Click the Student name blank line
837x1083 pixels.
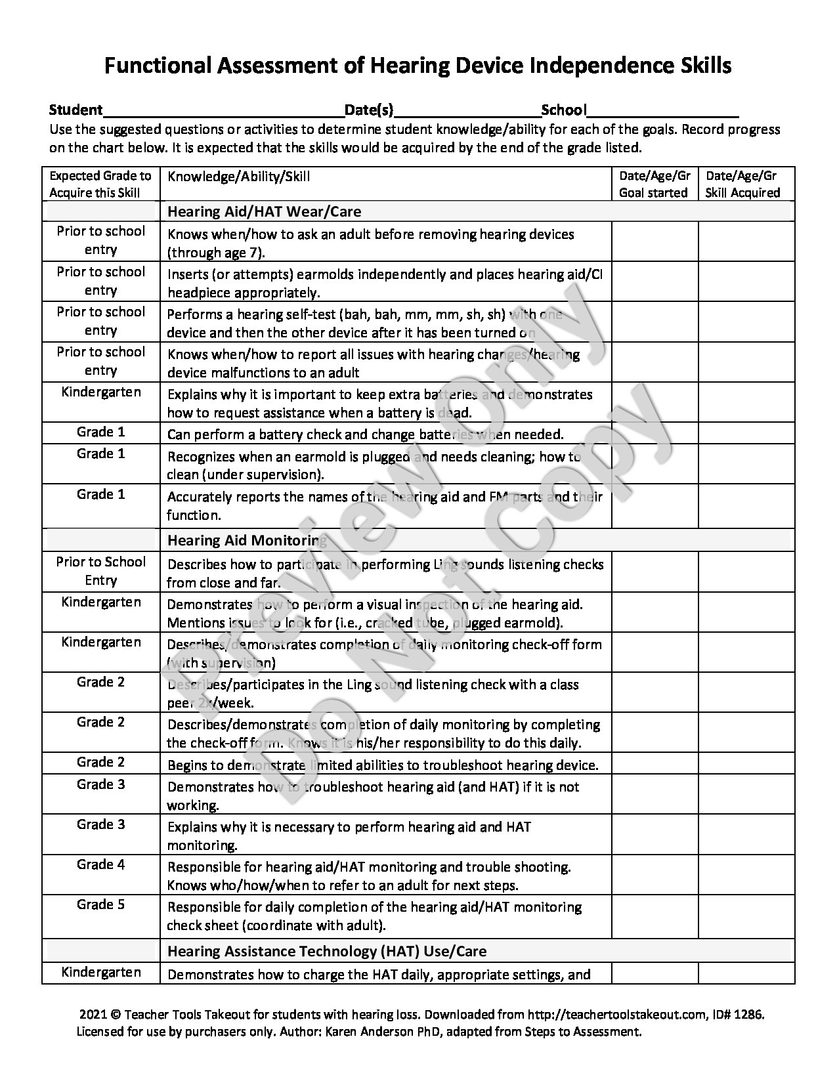(223, 110)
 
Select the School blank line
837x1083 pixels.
(663, 110)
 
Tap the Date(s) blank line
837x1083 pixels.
(467, 110)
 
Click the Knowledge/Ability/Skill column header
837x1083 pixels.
(239, 177)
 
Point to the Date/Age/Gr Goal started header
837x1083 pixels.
(654, 184)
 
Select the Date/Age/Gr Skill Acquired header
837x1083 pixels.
(742, 184)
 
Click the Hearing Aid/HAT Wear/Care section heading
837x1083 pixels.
(264, 211)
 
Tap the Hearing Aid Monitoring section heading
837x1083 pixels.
(247, 540)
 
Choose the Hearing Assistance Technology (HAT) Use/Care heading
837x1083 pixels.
(327, 951)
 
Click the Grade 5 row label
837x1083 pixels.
(100, 904)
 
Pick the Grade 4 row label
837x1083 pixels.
(100, 864)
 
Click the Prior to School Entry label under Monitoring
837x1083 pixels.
(100, 571)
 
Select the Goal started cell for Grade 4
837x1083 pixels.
(654, 875)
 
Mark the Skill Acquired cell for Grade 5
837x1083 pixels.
(746, 916)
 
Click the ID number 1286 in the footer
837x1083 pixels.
(750, 1014)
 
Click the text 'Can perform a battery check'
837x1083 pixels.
(253, 435)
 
